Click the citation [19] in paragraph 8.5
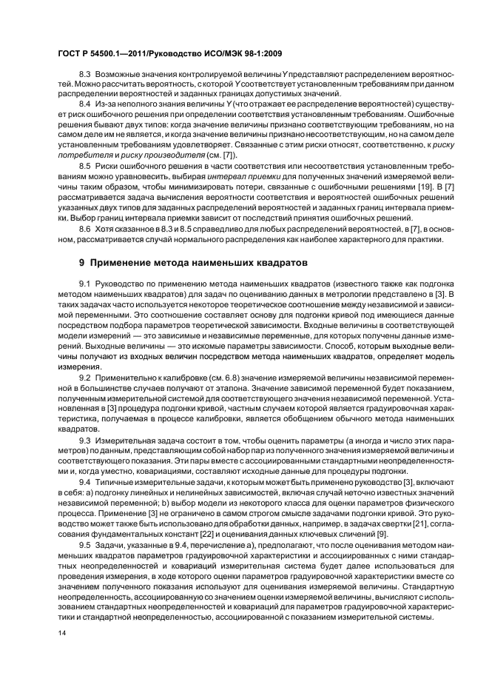click(x=409, y=187)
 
